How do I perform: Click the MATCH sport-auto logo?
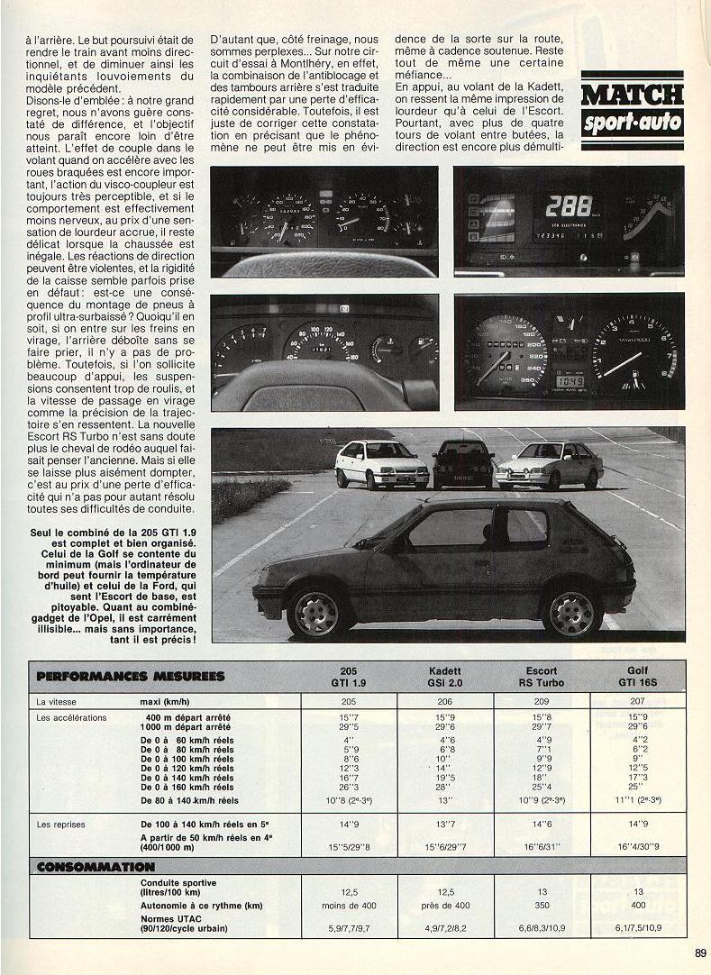tap(632, 109)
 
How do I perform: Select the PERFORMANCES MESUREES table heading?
tap(130, 676)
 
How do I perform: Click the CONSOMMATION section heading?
tap(95, 867)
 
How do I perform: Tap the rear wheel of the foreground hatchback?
tap(571, 614)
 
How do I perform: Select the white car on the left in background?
tap(381, 463)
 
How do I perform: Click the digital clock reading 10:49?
tap(568, 381)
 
